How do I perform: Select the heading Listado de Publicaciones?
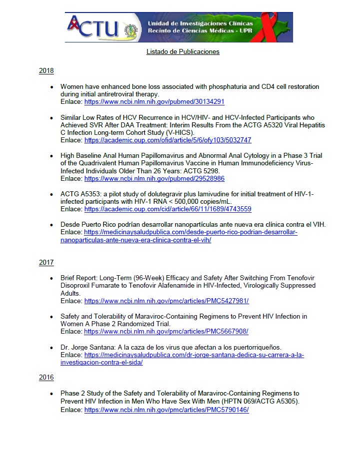coord(183,51)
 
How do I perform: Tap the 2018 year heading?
coord(46,71)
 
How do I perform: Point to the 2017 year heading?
coord(46,262)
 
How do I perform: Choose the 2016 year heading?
coord(46,378)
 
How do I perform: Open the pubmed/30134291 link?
coord(154,101)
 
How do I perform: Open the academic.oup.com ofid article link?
coord(168,140)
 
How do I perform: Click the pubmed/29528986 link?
coord(154,178)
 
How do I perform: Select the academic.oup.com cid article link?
coord(168,209)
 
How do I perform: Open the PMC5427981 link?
coord(166,301)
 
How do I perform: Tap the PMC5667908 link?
coord(166,331)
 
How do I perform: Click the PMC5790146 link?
coord(166,410)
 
